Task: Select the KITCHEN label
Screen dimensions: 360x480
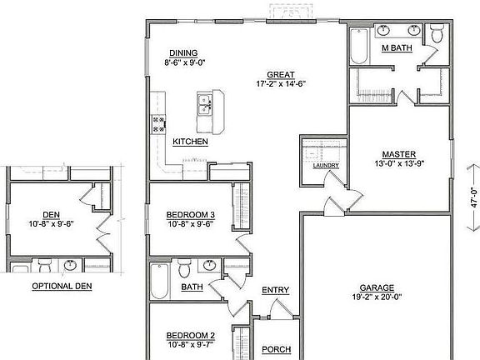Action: point(190,142)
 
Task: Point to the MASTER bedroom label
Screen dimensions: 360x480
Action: point(398,153)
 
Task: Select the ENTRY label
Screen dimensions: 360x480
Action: point(275,290)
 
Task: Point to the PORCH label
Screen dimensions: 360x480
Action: point(276,349)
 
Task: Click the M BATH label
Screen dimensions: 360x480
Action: point(397,49)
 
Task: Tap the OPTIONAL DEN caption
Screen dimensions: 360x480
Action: point(62,286)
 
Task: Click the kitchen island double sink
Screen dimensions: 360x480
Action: point(204,105)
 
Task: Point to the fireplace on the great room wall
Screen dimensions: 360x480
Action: point(291,13)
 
